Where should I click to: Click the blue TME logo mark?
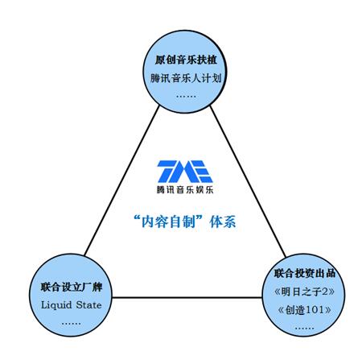click(x=185, y=172)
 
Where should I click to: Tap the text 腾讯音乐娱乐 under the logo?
click(x=185, y=190)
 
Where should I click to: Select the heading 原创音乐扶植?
click(x=186, y=60)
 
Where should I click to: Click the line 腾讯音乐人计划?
click(x=186, y=78)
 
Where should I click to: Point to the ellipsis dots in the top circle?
click(x=186, y=96)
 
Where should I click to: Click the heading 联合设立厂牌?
click(x=72, y=287)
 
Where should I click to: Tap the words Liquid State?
click(x=72, y=305)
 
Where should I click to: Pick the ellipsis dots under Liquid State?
click(x=71, y=324)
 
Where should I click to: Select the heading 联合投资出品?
click(x=305, y=273)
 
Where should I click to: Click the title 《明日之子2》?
click(x=304, y=292)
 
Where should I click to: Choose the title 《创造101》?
click(x=304, y=310)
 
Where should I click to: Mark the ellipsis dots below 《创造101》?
click(x=304, y=328)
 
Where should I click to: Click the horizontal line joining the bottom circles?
click(x=187, y=297)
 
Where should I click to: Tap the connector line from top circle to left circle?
click(x=121, y=180)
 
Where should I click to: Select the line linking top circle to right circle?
click(x=248, y=181)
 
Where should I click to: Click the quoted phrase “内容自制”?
click(x=168, y=221)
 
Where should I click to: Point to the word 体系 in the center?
click(x=223, y=221)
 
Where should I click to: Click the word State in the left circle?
click(x=88, y=305)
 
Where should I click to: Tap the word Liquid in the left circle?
click(x=56, y=305)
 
